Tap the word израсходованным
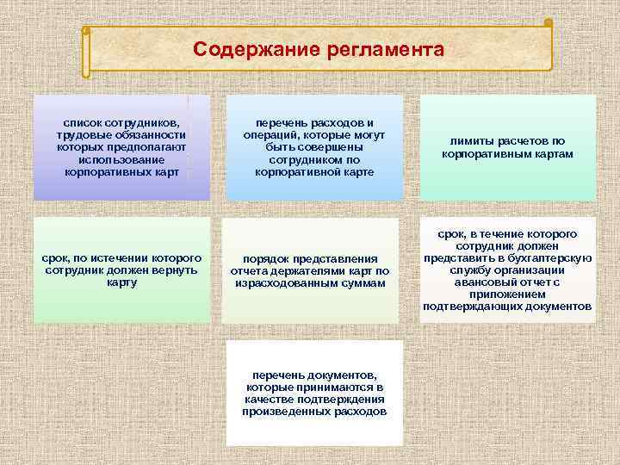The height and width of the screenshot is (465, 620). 289,282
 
